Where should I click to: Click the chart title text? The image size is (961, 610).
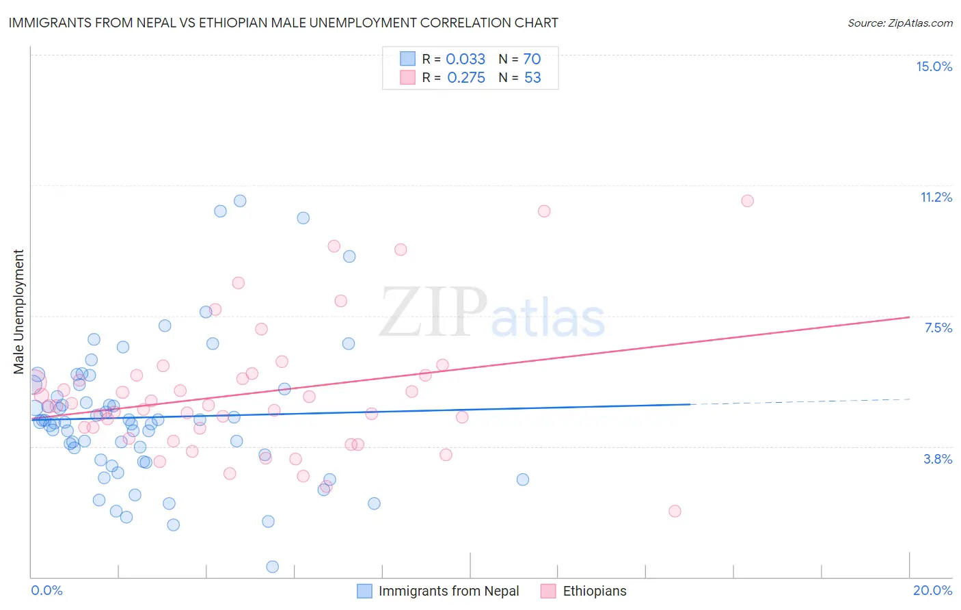(283, 23)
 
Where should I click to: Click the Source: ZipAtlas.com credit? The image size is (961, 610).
(899, 23)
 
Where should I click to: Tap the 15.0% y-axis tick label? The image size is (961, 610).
(934, 66)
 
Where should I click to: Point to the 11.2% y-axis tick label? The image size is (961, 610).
(936, 197)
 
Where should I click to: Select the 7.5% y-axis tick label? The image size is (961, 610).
(938, 328)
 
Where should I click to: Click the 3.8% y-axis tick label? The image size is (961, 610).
(938, 459)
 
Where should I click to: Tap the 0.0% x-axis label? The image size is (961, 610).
(46, 590)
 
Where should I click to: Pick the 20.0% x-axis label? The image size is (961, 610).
(932, 590)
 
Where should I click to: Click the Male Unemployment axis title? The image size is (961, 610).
(18, 312)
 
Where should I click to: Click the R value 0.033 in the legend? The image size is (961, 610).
(465, 59)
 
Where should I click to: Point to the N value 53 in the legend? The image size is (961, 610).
(532, 78)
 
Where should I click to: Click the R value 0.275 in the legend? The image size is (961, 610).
(466, 78)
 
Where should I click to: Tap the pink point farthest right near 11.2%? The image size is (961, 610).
(747, 201)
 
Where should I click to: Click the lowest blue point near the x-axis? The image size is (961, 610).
(272, 566)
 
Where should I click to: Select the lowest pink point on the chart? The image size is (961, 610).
(675, 511)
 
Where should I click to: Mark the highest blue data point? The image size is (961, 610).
(240, 201)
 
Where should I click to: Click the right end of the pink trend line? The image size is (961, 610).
(908, 317)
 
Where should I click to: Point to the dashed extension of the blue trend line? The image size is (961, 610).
(800, 401)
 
